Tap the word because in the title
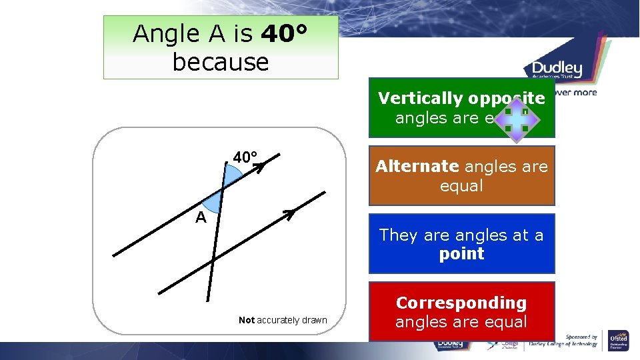tap(221, 62)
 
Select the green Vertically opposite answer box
tap(461, 108)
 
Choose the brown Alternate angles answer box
tap(461, 176)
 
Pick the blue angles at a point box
tap(461, 243)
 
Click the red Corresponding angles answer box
tap(461, 311)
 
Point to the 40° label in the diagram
tap(245, 158)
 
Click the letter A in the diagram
tap(201, 218)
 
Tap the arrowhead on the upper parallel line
tap(259, 168)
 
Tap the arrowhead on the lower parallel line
tap(289, 214)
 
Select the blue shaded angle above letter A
tap(214, 201)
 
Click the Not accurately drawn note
tap(283, 320)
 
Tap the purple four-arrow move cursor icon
tap(516, 119)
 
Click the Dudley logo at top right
tap(557, 69)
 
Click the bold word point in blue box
tap(461, 253)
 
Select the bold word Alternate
tap(417, 167)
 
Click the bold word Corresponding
tap(461, 303)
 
